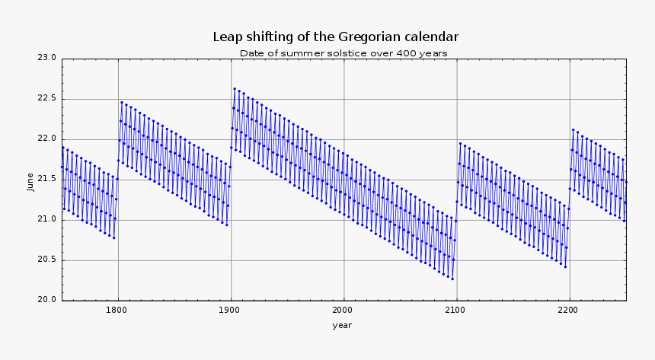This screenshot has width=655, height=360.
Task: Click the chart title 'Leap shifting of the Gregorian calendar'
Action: (x=335, y=37)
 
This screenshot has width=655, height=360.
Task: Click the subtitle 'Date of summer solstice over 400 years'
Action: (x=343, y=53)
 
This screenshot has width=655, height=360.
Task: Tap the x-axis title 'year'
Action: (x=342, y=325)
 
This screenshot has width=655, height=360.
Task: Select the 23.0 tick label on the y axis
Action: (x=47, y=58)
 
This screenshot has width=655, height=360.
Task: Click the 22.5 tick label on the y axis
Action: (x=47, y=98)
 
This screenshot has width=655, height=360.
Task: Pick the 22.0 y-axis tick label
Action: (x=47, y=139)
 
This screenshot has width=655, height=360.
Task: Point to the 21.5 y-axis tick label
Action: (x=47, y=179)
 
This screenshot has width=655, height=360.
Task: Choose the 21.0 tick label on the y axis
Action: (x=47, y=219)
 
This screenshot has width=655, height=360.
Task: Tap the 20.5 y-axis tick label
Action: (x=47, y=260)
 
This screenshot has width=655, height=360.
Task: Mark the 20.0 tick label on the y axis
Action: (x=47, y=300)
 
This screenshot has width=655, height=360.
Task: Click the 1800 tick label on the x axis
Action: (x=117, y=310)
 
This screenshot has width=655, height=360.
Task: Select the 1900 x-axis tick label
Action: (x=230, y=310)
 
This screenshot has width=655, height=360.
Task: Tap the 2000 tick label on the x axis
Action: (x=343, y=310)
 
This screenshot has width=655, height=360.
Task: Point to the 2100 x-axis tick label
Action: (x=455, y=310)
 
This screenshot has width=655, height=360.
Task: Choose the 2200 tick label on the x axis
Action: (x=568, y=310)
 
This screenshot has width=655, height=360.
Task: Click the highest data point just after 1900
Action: (x=235, y=88)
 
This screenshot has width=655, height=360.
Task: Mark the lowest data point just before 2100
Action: (x=452, y=279)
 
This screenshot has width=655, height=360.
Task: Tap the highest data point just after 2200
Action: (x=573, y=129)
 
